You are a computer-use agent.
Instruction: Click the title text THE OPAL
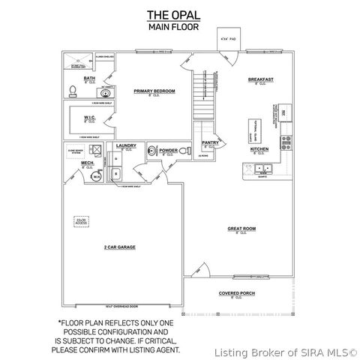pos(179,14)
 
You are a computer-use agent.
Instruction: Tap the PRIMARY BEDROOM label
pos(154,91)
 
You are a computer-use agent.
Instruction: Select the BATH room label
pos(89,78)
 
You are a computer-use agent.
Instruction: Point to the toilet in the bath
pos(73,91)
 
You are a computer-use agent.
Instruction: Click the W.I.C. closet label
pos(89,117)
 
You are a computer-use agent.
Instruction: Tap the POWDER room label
pos(168,150)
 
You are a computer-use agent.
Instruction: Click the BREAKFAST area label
pos(260,79)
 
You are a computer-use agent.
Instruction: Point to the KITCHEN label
pos(259,148)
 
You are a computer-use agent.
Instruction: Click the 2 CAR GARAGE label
pos(119,246)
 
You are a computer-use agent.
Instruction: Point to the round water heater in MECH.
pos(96,178)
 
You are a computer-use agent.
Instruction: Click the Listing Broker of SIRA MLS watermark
pos(284,350)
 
